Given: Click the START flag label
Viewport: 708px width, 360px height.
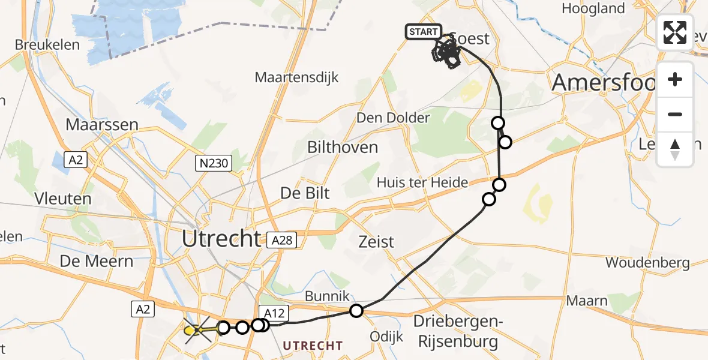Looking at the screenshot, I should click(x=424, y=32).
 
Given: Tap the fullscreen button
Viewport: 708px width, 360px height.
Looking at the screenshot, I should click(x=675, y=32).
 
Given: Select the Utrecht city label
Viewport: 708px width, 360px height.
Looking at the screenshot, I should click(x=221, y=239).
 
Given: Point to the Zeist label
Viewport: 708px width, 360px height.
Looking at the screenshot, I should click(x=376, y=242).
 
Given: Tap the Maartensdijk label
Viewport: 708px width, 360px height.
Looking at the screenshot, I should click(x=297, y=77).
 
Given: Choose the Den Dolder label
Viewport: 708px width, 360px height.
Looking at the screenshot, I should click(x=394, y=118).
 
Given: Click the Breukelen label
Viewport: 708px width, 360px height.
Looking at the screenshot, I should click(x=39, y=45).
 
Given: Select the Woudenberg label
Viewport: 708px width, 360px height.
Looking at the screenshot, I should click(x=647, y=263).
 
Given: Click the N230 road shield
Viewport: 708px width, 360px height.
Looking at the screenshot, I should click(x=214, y=163).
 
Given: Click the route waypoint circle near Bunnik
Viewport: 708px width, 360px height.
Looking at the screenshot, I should click(x=356, y=311).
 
